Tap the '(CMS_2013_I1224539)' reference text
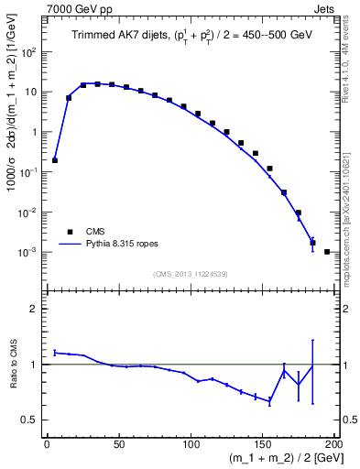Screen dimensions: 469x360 point(190,273)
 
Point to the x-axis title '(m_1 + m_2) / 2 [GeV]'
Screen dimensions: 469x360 point(275,458)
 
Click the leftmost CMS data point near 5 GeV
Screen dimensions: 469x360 point(55,160)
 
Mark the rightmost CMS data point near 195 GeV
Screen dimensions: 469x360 point(327,251)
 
